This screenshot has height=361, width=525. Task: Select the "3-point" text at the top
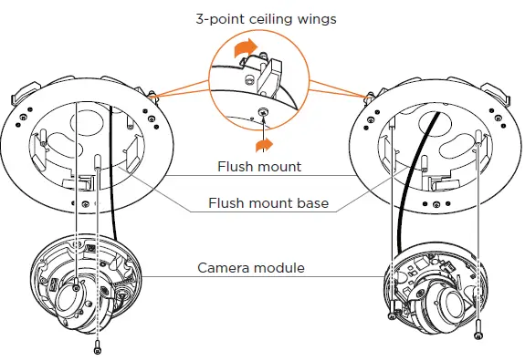coord(215,18)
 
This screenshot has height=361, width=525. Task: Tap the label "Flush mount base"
coord(268,203)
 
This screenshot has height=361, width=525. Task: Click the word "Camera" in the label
coord(224,268)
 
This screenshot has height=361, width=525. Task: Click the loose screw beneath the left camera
coord(98,346)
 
